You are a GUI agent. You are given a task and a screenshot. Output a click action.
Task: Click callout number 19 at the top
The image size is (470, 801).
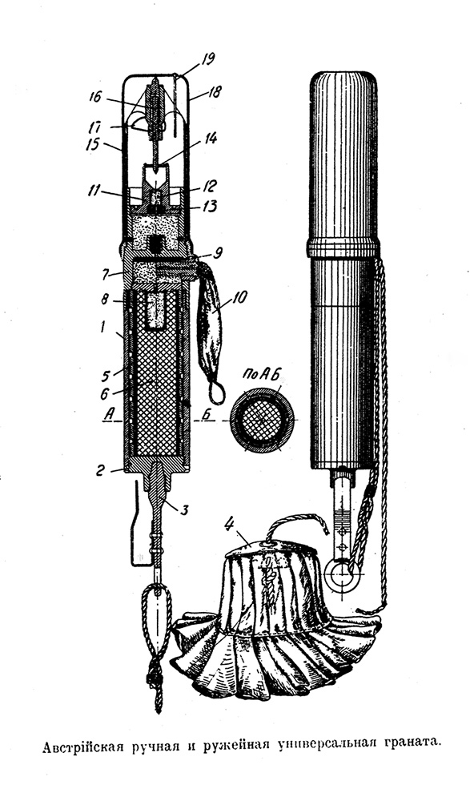pyautogui.click(x=207, y=60)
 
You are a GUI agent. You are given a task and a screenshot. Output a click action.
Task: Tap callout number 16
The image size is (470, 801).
pyautogui.click(x=95, y=97)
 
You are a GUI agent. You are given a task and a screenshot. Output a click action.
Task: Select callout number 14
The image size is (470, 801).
pyautogui.click(x=211, y=138)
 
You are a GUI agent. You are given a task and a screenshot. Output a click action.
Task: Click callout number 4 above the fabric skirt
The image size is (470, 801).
pyautogui.click(x=231, y=524)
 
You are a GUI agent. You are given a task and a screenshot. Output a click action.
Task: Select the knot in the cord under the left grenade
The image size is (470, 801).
pyautogui.click(x=153, y=678)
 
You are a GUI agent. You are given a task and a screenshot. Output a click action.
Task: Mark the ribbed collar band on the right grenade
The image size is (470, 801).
pyautogui.click(x=343, y=250)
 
